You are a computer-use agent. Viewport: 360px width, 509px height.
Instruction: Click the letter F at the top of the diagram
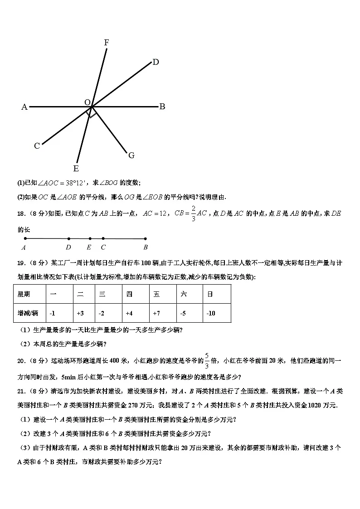click(x=107, y=43)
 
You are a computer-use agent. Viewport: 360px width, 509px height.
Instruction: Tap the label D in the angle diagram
click(x=156, y=63)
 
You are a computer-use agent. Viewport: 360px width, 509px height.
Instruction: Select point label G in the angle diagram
click(x=131, y=155)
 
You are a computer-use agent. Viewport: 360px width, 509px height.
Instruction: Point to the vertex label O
click(x=87, y=103)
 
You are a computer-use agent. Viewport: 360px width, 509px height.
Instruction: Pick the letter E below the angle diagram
click(x=76, y=169)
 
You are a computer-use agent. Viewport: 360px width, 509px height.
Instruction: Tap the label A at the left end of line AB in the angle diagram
click(x=24, y=107)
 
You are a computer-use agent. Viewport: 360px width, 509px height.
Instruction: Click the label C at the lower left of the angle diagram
click(x=37, y=146)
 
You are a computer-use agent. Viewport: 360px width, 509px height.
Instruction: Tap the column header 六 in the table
click(x=184, y=294)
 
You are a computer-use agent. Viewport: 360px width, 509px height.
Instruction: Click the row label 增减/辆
click(x=28, y=313)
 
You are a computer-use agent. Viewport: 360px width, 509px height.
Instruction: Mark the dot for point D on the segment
click(x=68, y=238)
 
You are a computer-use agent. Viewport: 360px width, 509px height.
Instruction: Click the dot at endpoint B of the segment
click(x=146, y=238)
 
